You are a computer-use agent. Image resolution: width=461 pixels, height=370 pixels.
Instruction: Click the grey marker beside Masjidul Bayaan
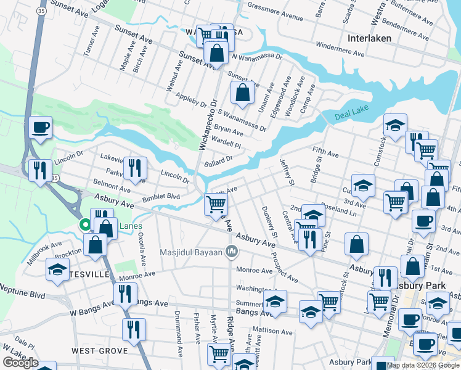(232, 251)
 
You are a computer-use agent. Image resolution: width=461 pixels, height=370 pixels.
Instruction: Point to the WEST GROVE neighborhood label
(100, 350)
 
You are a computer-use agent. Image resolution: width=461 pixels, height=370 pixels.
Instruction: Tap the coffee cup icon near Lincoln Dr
(41, 128)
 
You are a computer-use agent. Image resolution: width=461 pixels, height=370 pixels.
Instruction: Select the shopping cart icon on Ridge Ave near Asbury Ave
(216, 203)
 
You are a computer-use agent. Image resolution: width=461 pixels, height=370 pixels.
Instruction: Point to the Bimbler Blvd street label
(161, 196)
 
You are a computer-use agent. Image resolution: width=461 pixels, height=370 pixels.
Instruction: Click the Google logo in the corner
(20, 362)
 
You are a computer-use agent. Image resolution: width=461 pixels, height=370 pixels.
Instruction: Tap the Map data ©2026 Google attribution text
(423, 365)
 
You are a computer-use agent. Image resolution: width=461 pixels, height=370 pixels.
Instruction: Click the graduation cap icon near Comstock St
(394, 125)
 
